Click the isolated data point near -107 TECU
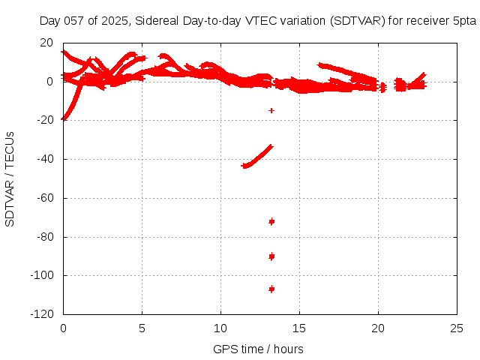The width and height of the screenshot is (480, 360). (x=271, y=289)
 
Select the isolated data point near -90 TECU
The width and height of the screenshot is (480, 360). (x=271, y=256)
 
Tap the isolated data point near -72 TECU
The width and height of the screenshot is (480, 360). (x=271, y=221)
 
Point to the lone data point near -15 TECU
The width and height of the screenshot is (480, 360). (x=271, y=110)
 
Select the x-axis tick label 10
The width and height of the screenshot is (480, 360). (x=221, y=328)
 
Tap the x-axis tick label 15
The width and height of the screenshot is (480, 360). (x=300, y=328)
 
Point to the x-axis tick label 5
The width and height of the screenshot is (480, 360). (x=142, y=328)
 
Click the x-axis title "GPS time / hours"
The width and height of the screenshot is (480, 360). (x=258, y=349)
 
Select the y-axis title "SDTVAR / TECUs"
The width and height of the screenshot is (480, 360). (x=10, y=178)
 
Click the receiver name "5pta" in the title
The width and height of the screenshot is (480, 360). (x=464, y=22)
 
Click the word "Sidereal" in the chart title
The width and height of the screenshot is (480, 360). (x=160, y=22)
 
